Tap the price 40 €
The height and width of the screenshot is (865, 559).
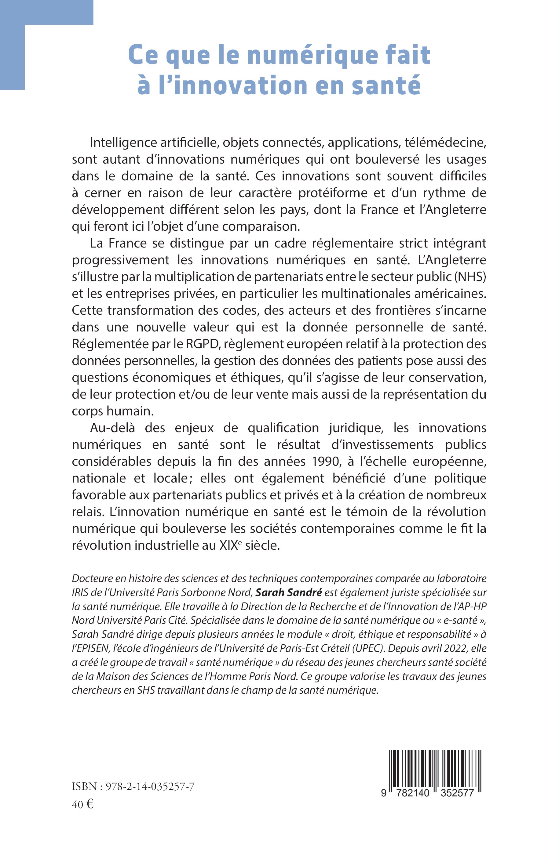click(x=83, y=805)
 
